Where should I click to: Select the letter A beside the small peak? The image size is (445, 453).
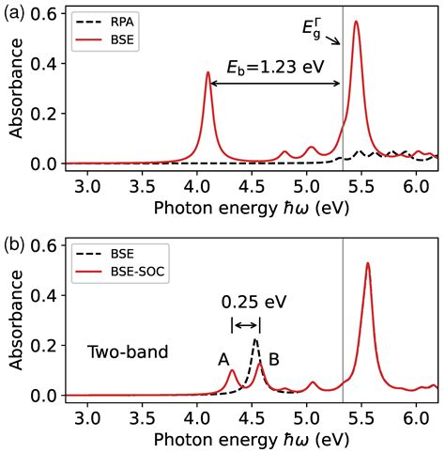tap(223, 359)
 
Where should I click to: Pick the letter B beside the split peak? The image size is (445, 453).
tap(274, 359)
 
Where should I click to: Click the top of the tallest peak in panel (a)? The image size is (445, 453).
tap(356, 22)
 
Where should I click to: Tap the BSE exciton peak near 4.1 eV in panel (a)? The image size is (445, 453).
tap(207, 72)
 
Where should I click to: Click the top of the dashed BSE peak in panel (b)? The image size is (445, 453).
tap(255, 340)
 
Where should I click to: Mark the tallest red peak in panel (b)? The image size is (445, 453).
tap(367, 263)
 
